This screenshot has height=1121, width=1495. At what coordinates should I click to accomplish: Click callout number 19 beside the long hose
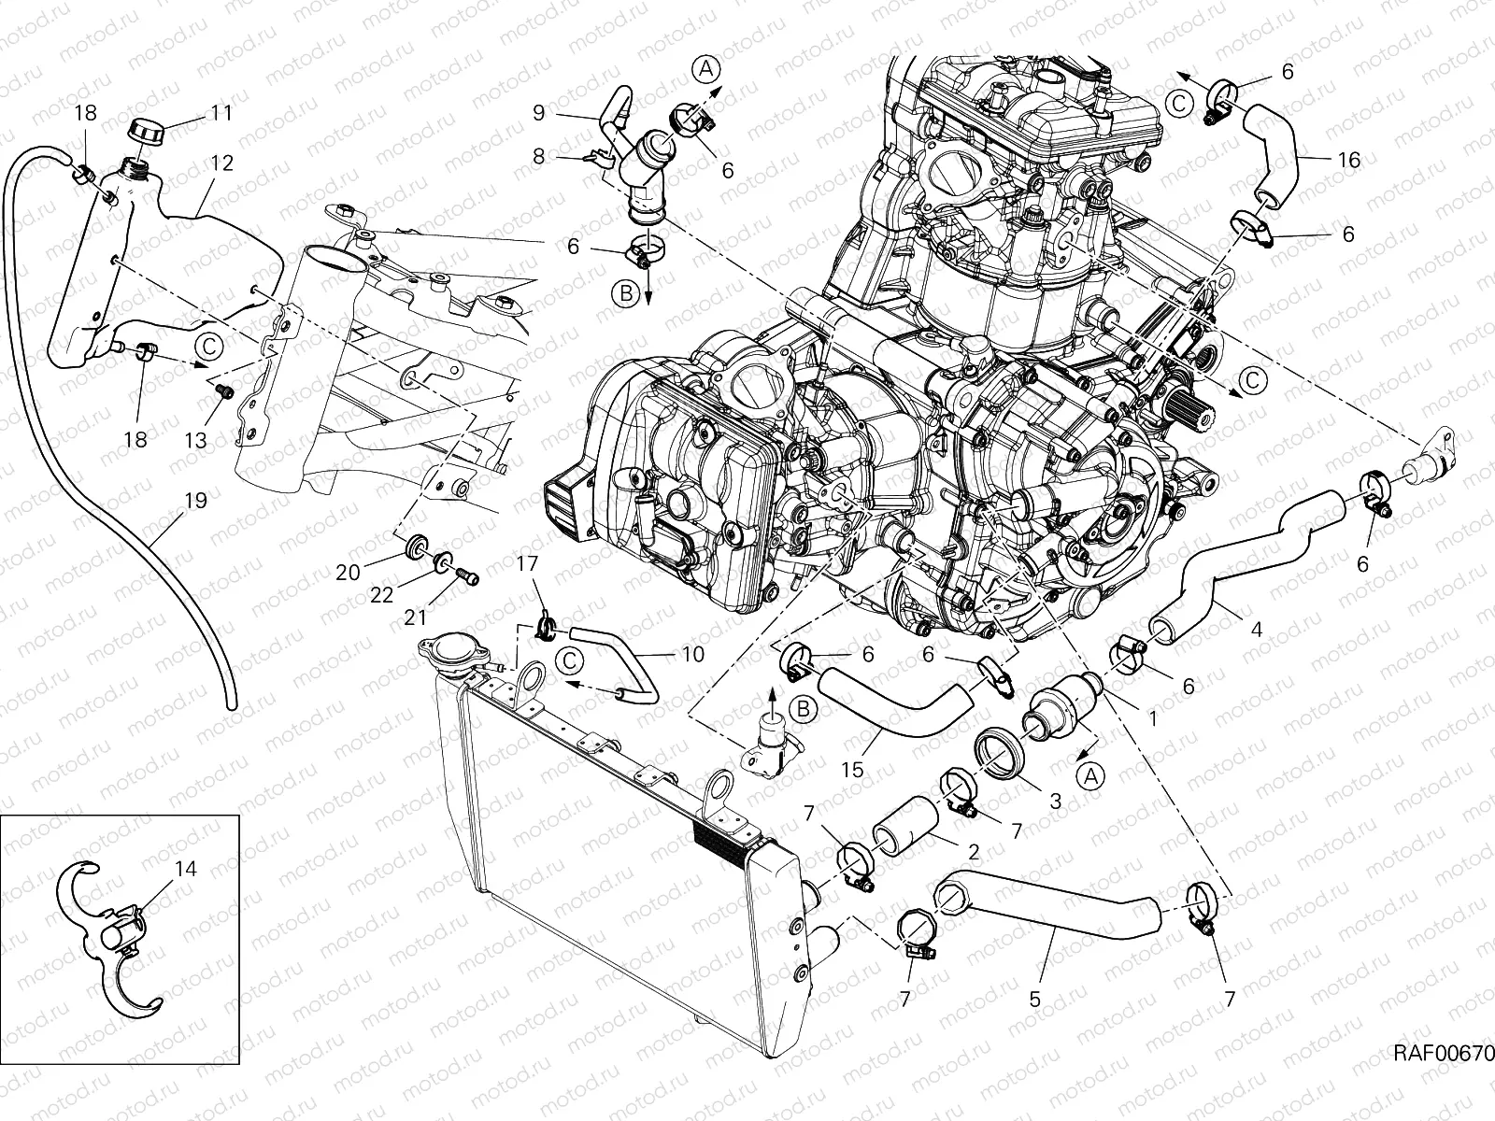click(x=194, y=501)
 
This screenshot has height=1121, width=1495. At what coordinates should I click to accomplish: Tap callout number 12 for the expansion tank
click(x=221, y=163)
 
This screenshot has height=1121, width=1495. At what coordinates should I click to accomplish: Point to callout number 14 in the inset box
click(x=186, y=869)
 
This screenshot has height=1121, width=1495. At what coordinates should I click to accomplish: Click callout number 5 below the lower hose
click(x=1034, y=999)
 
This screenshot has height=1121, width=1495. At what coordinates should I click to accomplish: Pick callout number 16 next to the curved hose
click(x=1348, y=160)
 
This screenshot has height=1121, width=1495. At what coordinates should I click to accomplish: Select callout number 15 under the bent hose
click(x=852, y=772)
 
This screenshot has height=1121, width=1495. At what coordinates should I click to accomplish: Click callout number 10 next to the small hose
click(x=692, y=654)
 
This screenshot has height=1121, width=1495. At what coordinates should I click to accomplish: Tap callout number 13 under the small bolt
click(x=195, y=438)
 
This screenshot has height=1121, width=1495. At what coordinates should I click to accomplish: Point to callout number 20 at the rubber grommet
click(x=348, y=572)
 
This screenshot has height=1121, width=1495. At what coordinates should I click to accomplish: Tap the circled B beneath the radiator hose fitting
click(x=802, y=710)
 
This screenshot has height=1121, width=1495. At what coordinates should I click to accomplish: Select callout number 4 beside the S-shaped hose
click(x=1256, y=630)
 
